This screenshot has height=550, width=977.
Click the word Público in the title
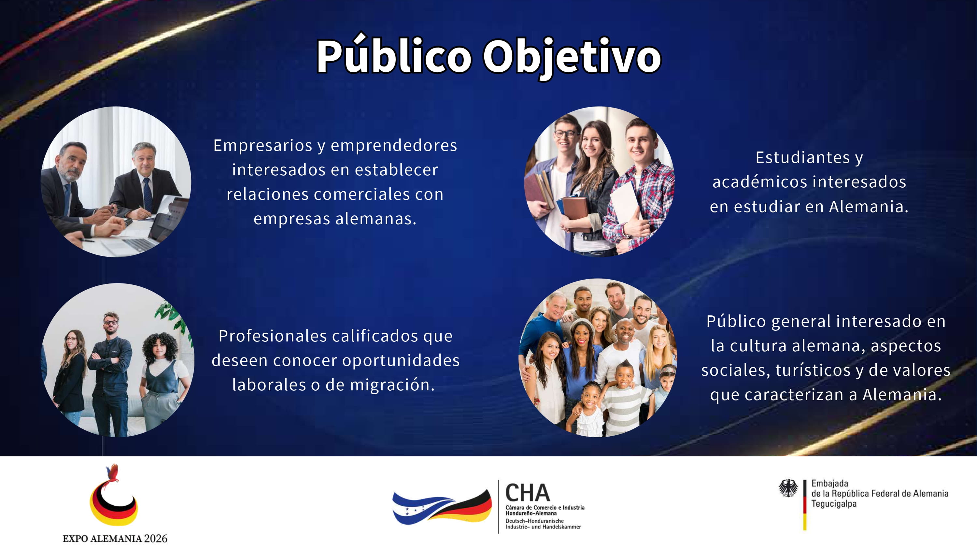394,55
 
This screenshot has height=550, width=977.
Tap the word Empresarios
263,146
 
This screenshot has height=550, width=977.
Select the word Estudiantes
802,157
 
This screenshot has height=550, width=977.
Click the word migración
392,385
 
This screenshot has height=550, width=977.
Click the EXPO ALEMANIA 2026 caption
115,538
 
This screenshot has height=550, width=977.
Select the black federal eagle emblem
788,488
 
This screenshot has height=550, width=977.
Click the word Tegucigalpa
834,504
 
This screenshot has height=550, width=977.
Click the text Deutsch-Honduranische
534,521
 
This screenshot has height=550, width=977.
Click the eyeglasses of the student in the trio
565,134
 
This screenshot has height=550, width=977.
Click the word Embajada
829,483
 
